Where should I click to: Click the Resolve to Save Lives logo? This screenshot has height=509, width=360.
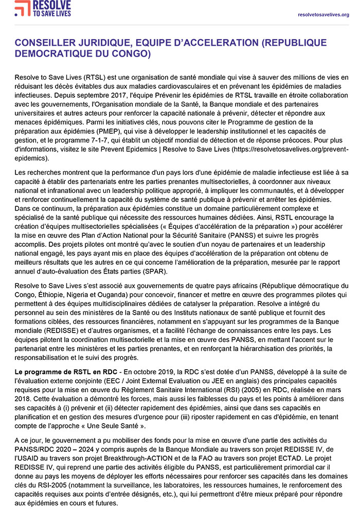pyautogui.click(x=43, y=9)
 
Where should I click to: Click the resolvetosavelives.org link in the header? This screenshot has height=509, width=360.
pyautogui.click(x=323, y=14)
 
